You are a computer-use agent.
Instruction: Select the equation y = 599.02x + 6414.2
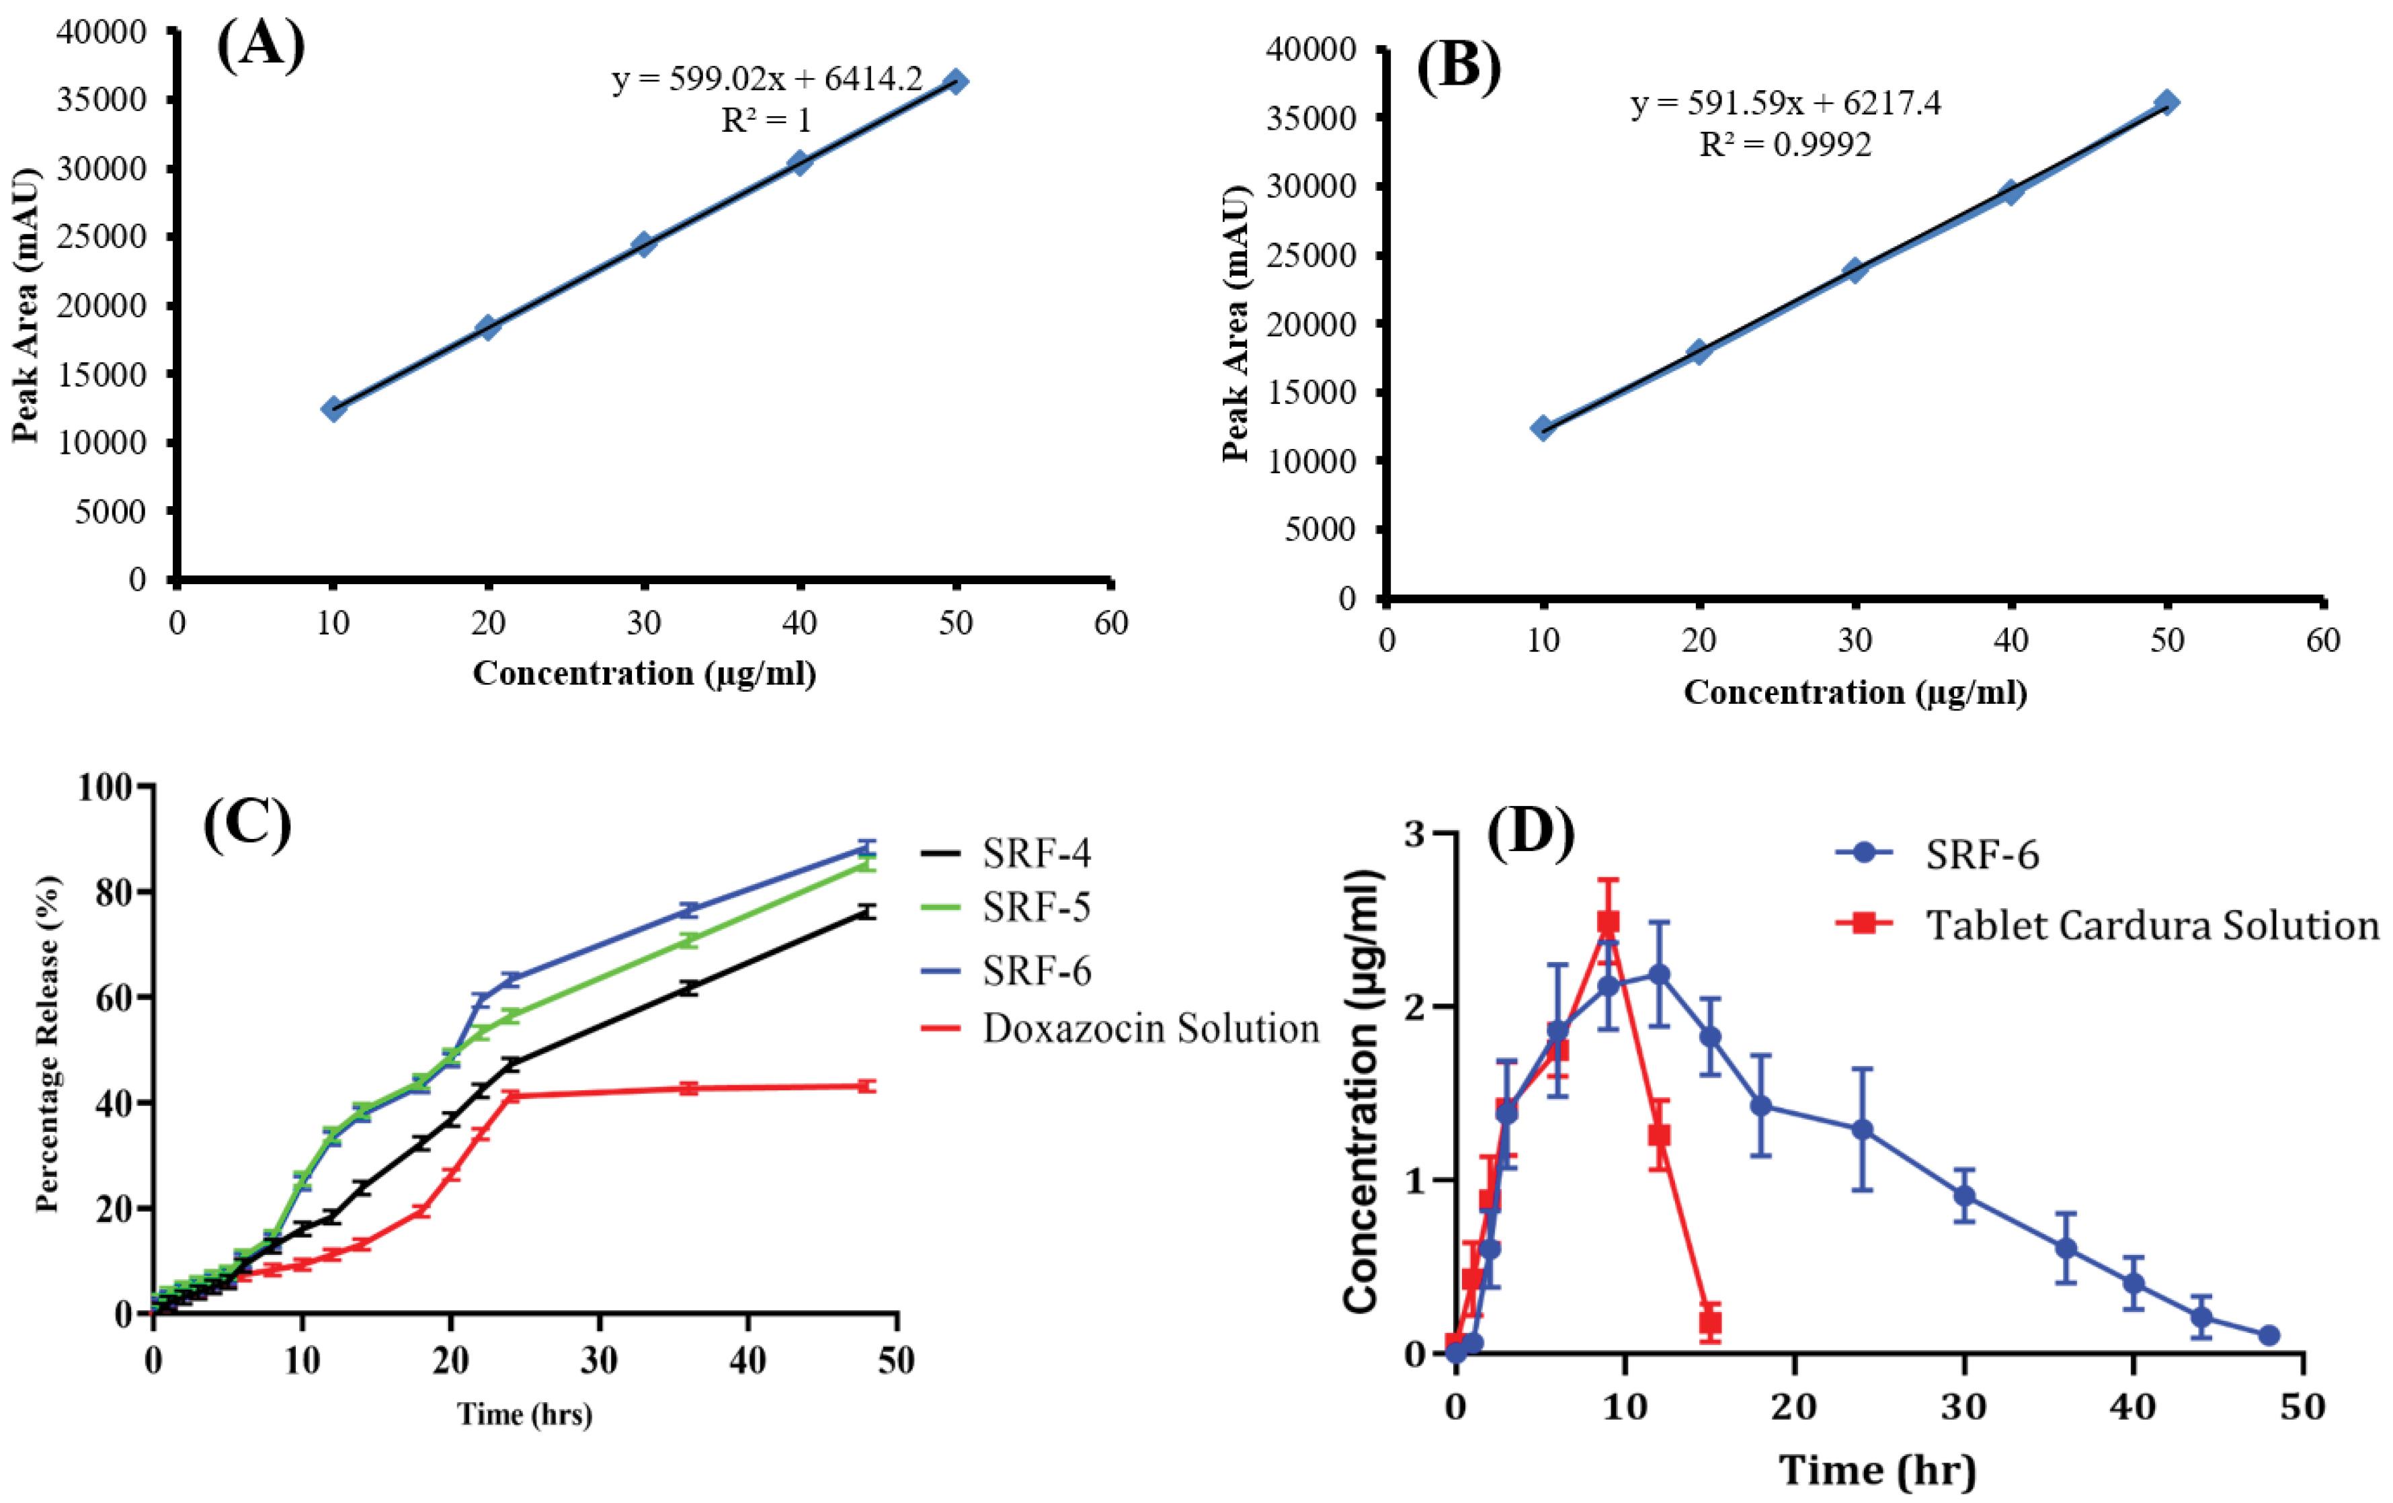(766, 79)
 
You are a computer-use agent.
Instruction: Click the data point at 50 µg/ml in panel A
(955, 81)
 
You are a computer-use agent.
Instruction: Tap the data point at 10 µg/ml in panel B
(1542, 428)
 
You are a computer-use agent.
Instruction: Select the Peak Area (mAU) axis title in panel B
(1235, 325)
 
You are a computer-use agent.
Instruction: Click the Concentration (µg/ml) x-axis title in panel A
(644, 674)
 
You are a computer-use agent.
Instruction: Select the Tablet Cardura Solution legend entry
(2152, 926)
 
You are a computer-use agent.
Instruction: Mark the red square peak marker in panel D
(1608, 922)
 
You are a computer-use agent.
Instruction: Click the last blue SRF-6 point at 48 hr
(2268, 1335)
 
